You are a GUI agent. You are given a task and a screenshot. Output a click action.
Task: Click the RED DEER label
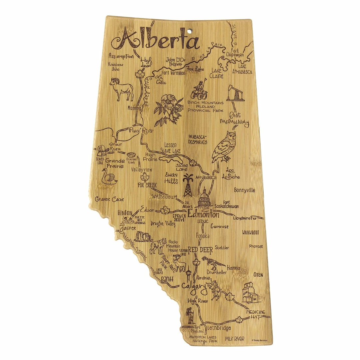coord(200,250)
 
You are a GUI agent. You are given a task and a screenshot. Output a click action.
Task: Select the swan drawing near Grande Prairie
coord(109,176)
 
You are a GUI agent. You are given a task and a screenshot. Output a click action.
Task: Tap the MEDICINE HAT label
coord(256,314)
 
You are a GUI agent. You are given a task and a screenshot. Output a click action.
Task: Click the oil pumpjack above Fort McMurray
coord(235,93)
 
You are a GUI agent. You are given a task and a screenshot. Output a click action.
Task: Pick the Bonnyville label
coord(244,190)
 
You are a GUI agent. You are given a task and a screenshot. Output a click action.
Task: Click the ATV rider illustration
coord(200,89)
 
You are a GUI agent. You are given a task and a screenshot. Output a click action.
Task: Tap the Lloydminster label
coord(249,218)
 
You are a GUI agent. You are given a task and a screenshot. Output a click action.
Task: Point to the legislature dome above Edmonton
coord(204,199)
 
